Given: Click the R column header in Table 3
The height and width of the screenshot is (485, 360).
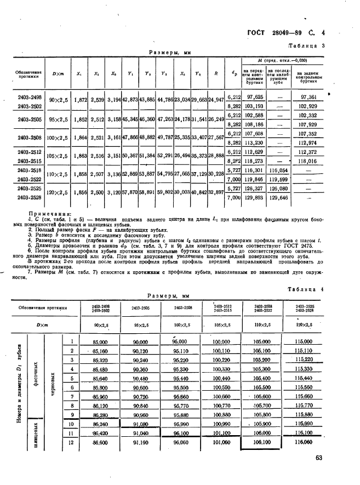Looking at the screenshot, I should pos(216,73).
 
